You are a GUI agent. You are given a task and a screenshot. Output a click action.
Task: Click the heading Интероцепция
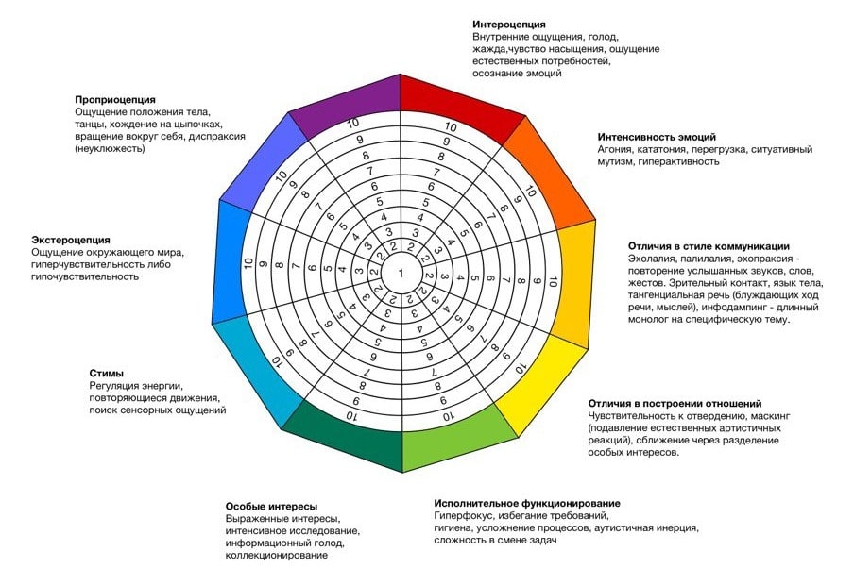(509, 24)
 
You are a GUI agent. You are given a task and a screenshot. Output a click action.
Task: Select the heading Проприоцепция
(115, 99)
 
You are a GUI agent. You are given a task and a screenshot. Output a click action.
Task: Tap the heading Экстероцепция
(71, 240)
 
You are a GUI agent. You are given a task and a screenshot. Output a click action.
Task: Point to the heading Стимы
(107, 373)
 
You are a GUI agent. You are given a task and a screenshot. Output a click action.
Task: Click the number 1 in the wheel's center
(401, 273)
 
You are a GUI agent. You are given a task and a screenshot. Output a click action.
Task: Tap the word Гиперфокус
(463, 516)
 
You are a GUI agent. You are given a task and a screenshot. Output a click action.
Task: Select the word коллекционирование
(277, 556)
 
